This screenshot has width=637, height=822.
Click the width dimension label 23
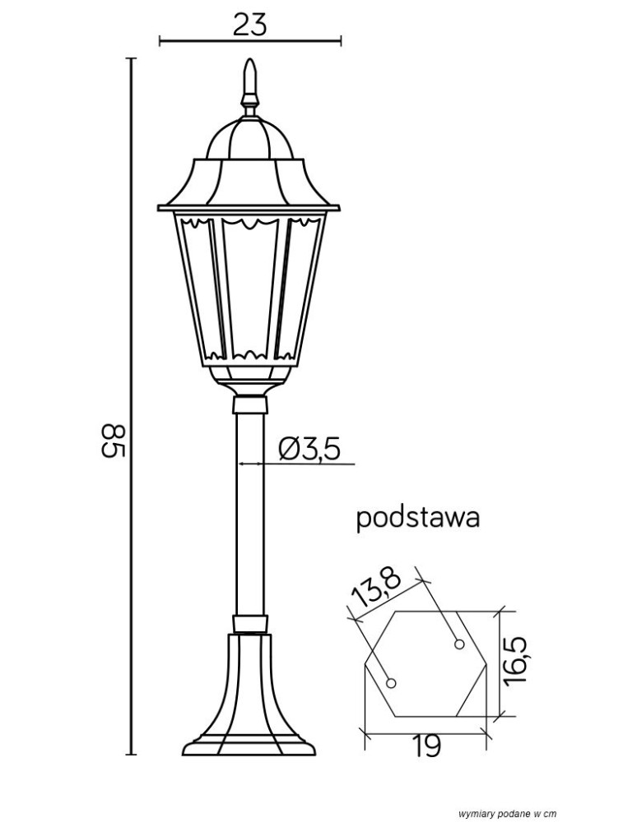point(249,25)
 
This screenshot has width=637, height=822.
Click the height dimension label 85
point(114,441)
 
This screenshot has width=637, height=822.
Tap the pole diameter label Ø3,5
point(309,450)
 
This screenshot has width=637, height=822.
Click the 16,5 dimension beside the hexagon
point(516,659)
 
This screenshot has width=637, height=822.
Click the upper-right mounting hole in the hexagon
point(459,644)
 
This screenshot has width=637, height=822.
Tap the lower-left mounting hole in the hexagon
point(391,683)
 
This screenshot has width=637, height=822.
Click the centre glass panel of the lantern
point(249,289)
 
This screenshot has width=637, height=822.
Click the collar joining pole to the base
point(250,625)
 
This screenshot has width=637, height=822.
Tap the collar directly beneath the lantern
point(249,405)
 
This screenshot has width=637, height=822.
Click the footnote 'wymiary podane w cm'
point(507,814)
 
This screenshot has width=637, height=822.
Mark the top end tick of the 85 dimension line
point(131,58)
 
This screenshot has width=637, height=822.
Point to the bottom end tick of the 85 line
point(131,755)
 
